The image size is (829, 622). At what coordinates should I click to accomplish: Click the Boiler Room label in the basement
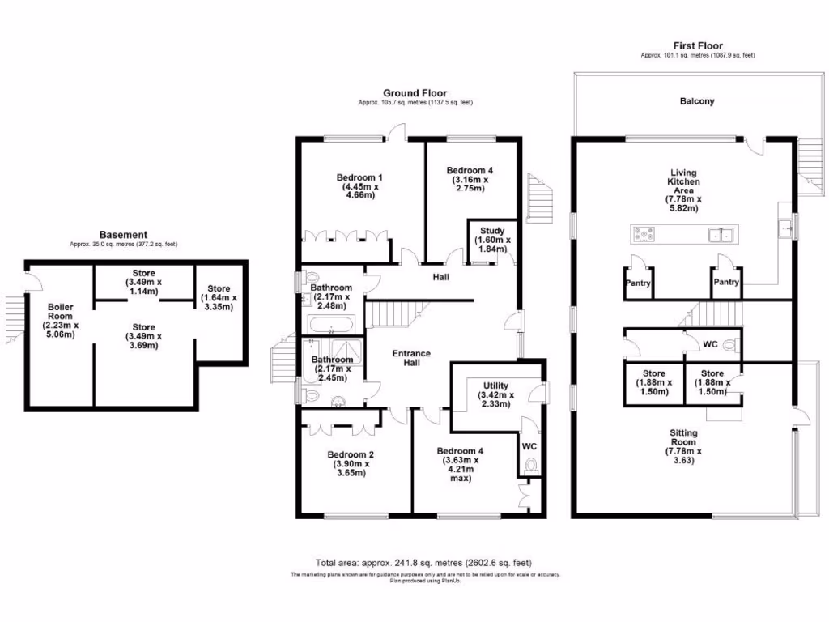pyautogui.click(x=61, y=321)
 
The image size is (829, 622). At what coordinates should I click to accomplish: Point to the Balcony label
pyautogui.click(x=697, y=101)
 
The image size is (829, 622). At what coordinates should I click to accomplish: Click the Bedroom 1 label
pyautogui.click(x=359, y=186)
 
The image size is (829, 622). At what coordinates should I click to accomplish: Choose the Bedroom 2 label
pyautogui.click(x=350, y=463)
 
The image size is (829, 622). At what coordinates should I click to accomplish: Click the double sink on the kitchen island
pyautogui.click(x=720, y=235)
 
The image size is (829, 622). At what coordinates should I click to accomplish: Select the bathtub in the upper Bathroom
pyautogui.click(x=330, y=326)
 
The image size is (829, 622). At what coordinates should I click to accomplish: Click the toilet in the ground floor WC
pyautogui.click(x=531, y=466)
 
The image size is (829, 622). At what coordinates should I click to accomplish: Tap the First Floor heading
pyautogui.click(x=697, y=46)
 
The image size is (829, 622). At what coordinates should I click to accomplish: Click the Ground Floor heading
pyautogui.click(x=414, y=93)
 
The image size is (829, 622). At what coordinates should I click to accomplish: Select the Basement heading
pyautogui.click(x=123, y=234)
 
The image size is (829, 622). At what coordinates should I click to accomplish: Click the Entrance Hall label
pyautogui.click(x=411, y=358)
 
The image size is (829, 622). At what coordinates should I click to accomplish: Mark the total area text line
pyautogui.click(x=423, y=563)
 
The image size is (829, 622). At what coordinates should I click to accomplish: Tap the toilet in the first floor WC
pyautogui.click(x=731, y=345)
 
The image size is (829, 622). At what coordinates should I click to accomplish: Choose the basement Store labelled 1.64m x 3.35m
pyautogui.click(x=219, y=297)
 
